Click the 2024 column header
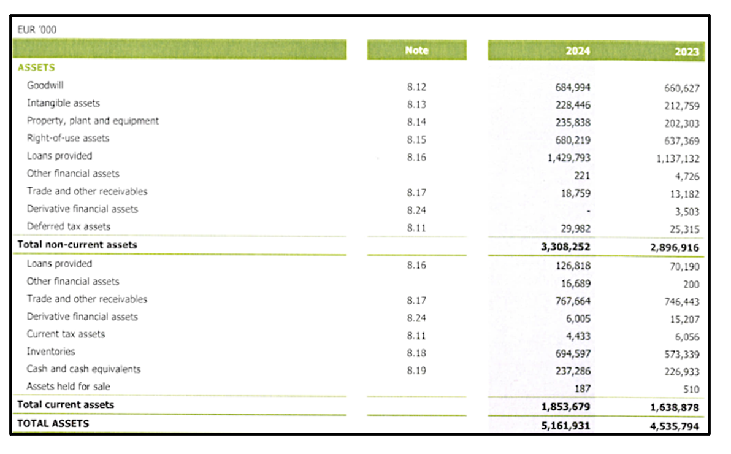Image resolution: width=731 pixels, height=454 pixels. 578,51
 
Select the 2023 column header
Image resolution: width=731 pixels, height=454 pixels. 687,52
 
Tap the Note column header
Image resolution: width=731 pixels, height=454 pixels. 416,50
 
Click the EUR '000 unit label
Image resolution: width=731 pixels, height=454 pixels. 37,30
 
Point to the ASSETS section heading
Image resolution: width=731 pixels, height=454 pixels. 36,67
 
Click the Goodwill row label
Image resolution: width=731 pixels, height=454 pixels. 45,85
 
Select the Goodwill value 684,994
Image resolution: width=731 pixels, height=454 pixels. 573,87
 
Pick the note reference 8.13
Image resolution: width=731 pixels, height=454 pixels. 416,104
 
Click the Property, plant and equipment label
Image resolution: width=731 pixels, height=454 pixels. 93,121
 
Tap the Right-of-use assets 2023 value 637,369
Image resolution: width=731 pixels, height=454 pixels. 681,141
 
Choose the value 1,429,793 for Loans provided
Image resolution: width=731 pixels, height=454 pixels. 568,158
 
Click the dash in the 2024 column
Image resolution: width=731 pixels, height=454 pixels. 588,212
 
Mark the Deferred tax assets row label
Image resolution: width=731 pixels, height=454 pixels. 69,226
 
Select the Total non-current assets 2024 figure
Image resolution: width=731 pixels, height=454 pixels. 565,247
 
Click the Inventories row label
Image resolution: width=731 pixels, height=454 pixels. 51,352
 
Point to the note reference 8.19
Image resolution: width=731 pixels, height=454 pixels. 416,371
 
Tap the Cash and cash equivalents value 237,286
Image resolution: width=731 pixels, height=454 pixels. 573,371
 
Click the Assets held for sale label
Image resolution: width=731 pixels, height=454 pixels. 69,387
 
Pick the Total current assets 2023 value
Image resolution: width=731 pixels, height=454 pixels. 675,408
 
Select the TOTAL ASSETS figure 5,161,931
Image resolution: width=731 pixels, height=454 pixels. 565,426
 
